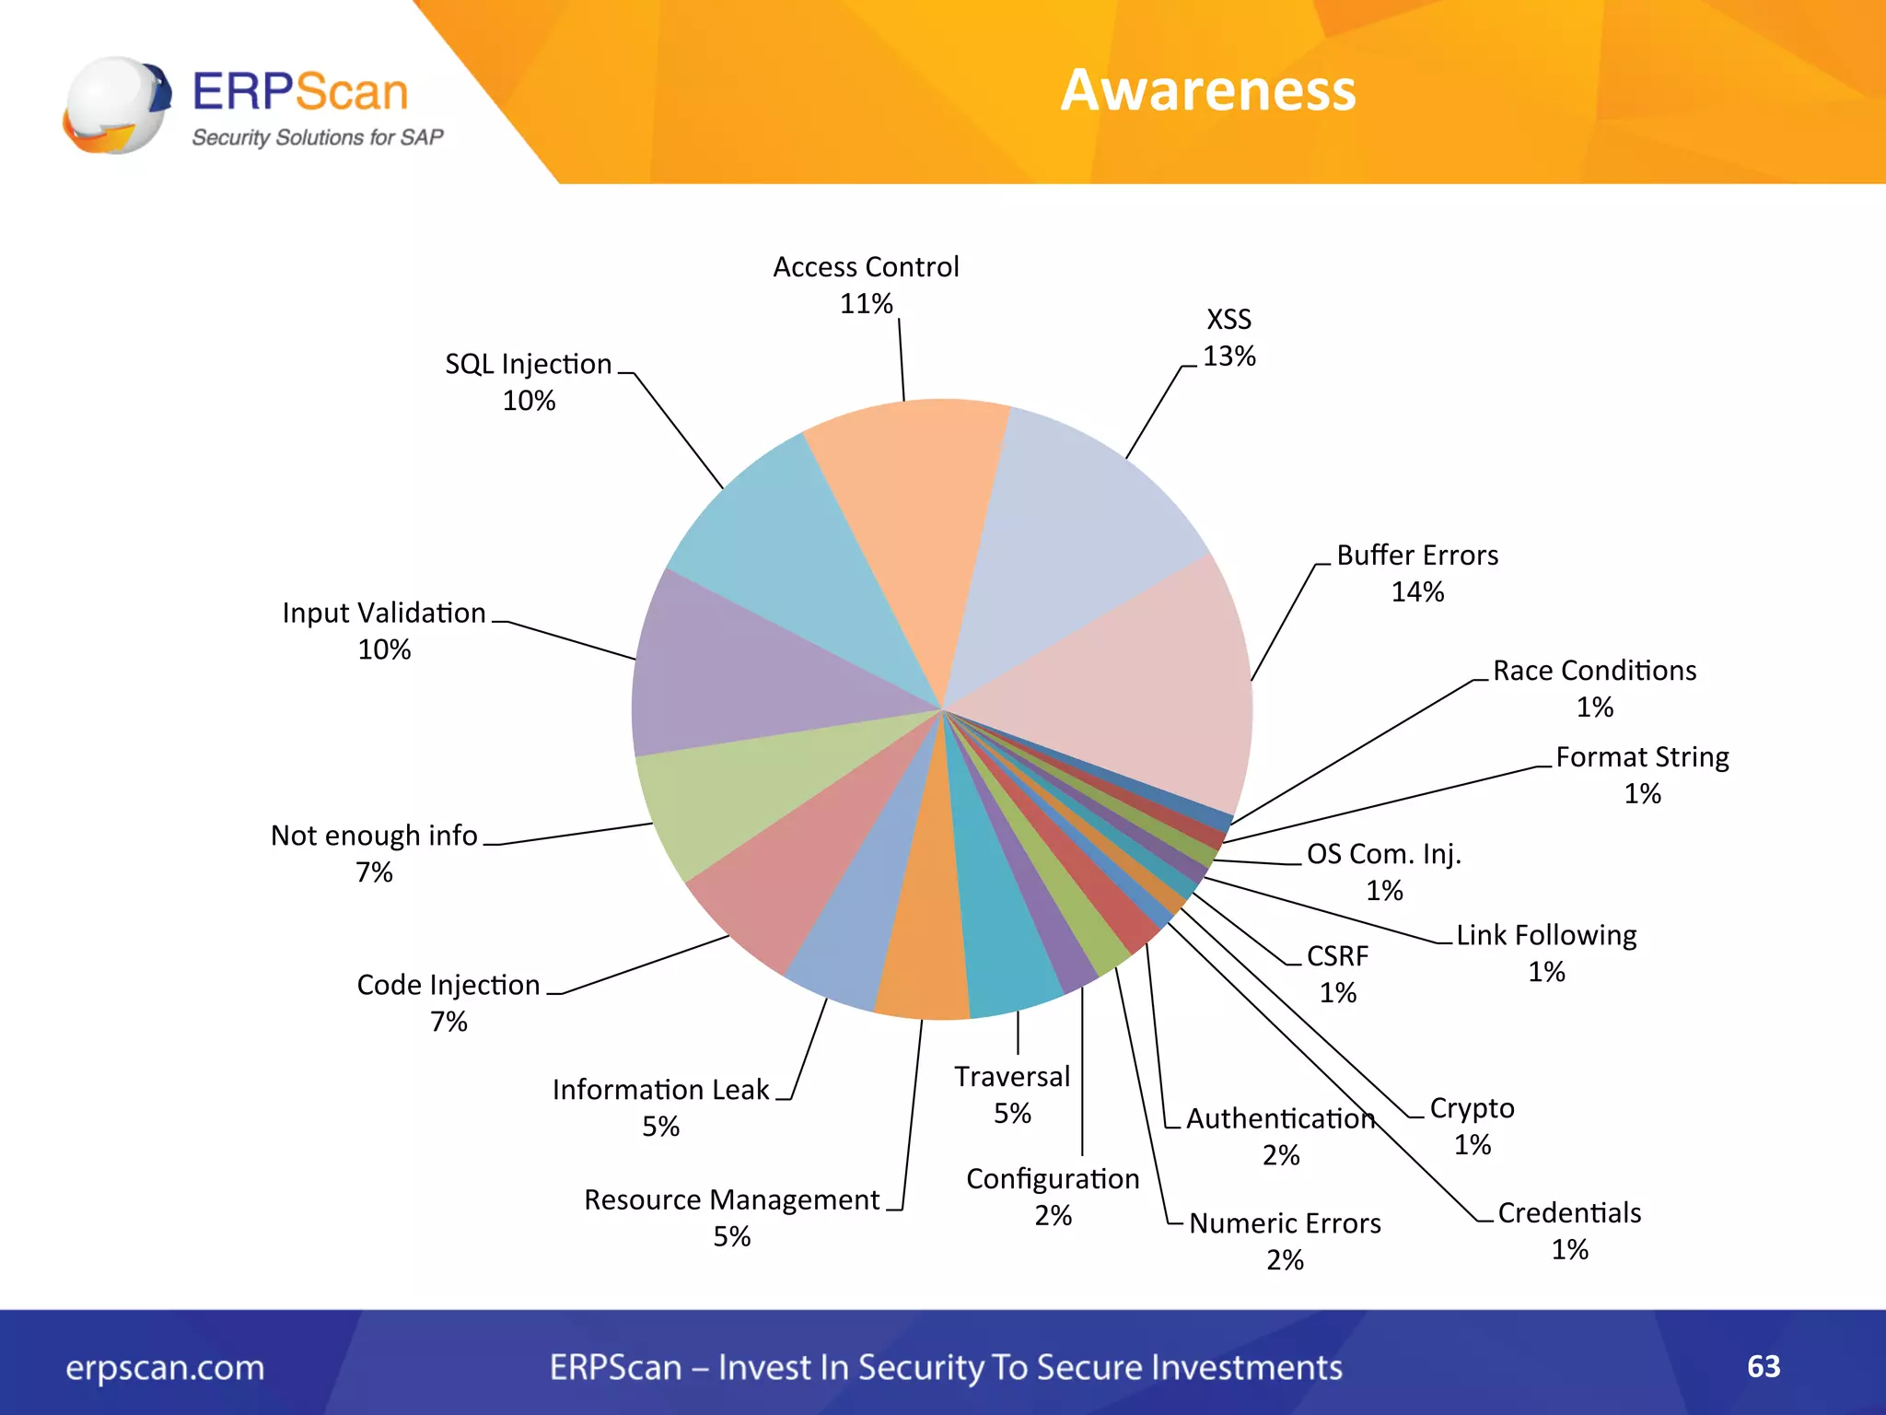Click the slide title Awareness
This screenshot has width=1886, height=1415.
(1208, 90)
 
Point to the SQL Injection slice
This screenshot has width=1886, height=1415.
(792, 553)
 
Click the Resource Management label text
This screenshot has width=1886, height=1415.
(732, 1199)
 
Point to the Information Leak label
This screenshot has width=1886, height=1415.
(660, 1090)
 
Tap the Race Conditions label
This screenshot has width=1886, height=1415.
(1594, 671)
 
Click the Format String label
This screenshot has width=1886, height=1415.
(1642, 757)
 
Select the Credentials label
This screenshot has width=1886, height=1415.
(1569, 1213)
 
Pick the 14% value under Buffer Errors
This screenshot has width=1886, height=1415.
(1417, 592)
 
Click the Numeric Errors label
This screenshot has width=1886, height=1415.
(1285, 1223)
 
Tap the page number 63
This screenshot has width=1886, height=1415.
(1764, 1366)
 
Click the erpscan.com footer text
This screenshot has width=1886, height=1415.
(165, 1368)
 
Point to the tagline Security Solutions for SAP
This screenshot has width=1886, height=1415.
(317, 137)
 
